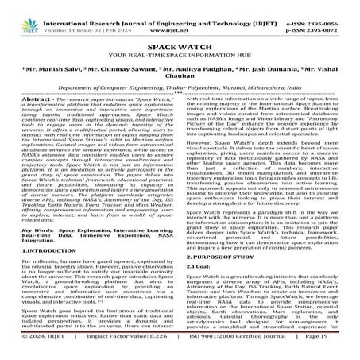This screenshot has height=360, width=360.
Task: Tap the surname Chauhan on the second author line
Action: click(180, 85)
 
